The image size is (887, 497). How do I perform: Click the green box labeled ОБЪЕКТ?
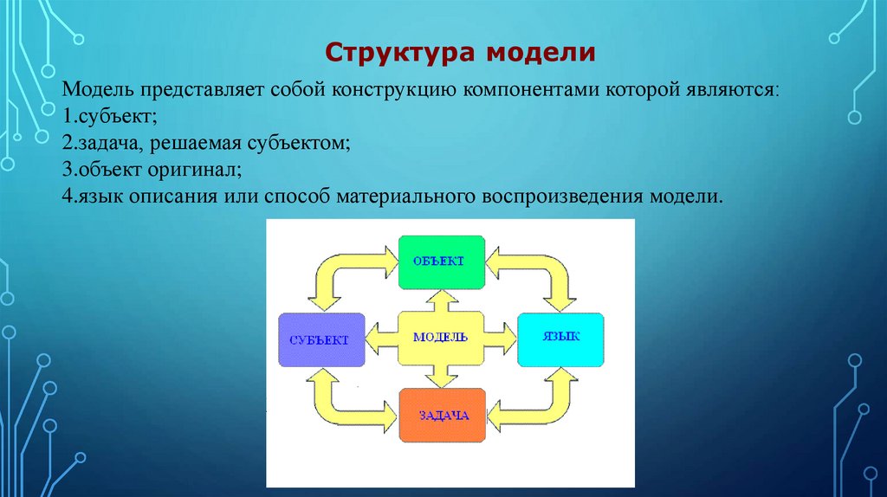click(442, 261)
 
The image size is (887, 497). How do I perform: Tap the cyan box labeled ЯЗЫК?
click(560, 339)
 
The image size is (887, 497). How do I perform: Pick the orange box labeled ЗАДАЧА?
click(442, 416)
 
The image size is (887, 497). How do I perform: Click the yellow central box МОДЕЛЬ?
click(442, 337)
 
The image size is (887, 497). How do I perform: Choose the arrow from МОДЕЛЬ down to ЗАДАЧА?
click(441, 374)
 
